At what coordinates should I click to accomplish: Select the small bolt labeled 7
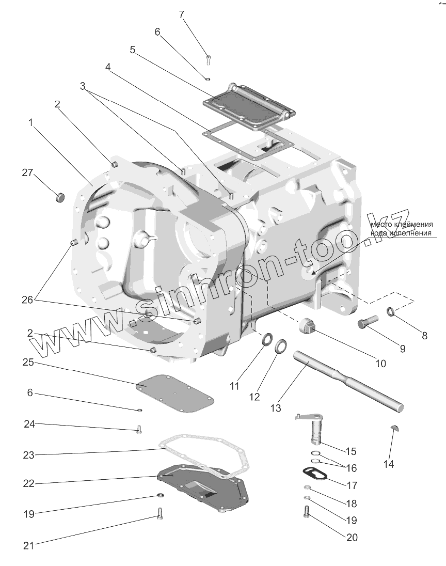coord(209,59)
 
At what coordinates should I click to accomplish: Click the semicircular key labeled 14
coord(394,428)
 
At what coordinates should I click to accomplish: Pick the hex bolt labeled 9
coord(365,324)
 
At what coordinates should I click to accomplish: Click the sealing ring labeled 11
coord(268,340)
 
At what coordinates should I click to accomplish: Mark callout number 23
coord(28,455)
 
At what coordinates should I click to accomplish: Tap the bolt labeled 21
coord(160,514)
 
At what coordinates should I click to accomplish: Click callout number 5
coord(133,50)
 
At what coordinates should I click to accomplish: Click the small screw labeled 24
coord(138,429)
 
